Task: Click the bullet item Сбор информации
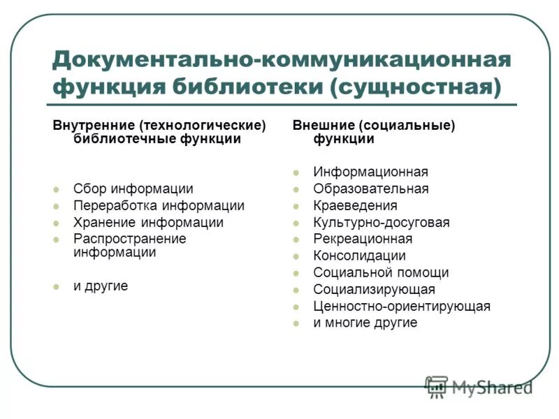point(133,189)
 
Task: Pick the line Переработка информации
point(159,206)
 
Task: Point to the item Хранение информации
point(148,223)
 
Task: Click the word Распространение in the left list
point(129,239)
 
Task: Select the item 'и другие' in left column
point(101,286)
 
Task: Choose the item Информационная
point(370,172)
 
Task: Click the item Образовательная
point(371,189)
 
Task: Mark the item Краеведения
point(355,205)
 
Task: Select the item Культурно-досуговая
point(382,223)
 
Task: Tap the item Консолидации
point(359,256)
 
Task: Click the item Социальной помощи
point(381,272)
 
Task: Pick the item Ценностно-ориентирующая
point(402,306)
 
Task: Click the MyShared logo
point(478,386)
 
